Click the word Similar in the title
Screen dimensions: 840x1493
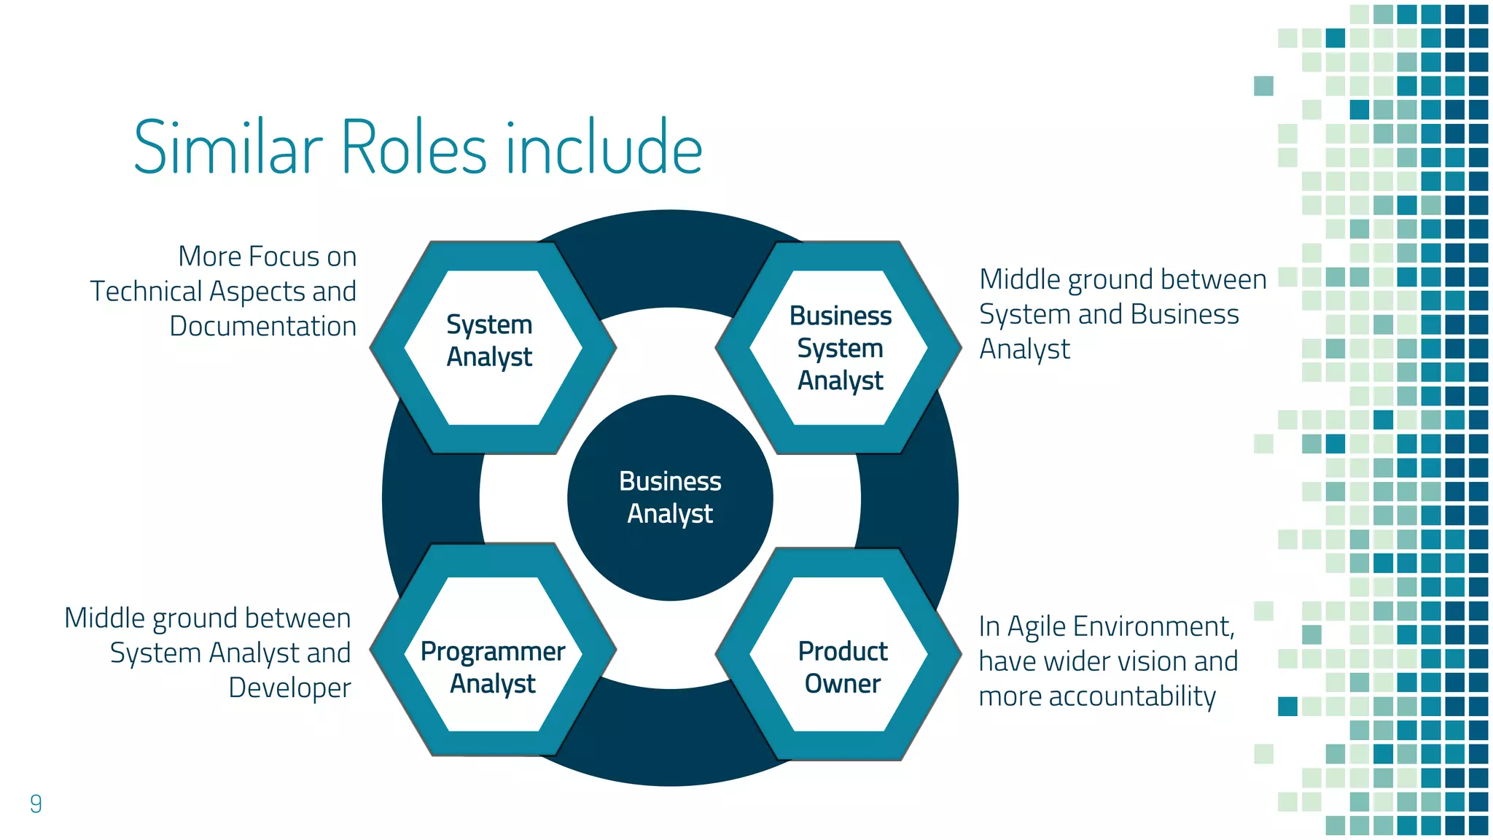tap(227, 148)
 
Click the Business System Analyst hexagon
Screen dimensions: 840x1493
tap(839, 348)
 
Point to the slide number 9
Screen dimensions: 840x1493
tap(36, 804)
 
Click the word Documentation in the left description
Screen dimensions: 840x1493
tap(262, 326)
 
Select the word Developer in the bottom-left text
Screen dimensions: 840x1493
tap(289, 688)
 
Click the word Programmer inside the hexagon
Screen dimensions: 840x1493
tap(492, 651)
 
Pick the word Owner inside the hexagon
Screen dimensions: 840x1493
tap(842, 684)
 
